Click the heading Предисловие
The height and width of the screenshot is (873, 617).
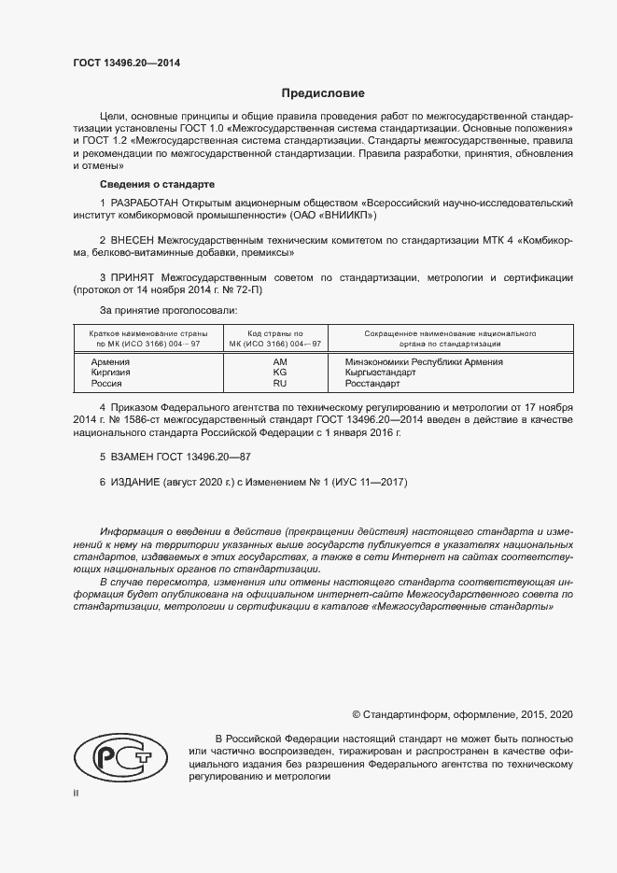[323, 93]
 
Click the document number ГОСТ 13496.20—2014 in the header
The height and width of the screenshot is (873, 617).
[126, 63]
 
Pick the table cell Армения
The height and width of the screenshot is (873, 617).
[110, 361]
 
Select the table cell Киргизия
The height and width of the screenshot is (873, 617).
[111, 372]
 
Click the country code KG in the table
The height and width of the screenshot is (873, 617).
[279, 372]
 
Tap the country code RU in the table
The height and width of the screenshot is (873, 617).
[279, 383]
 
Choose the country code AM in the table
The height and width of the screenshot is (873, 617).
[279, 361]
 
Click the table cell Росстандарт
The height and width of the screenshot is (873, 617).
[372, 383]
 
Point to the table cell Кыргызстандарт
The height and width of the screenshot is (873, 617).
[380, 372]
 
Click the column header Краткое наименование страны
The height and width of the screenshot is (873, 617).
[147, 332]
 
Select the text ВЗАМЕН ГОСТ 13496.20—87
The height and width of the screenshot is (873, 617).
[175, 458]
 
